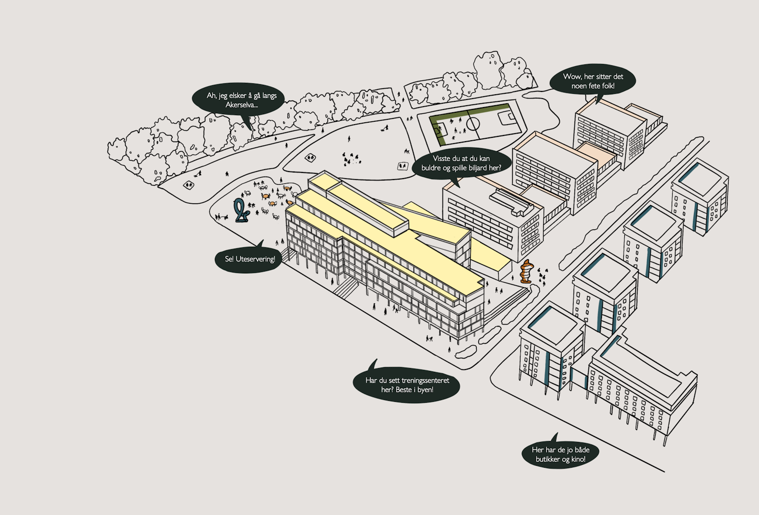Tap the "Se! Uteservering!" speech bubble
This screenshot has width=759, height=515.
(x=249, y=259)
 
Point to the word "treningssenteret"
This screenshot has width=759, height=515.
(x=425, y=380)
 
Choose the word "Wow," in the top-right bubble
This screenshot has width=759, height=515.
(x=572, y=77)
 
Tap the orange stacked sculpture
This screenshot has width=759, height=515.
(x=526, y=272)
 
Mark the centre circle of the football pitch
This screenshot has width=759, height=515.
(x=473, y=124)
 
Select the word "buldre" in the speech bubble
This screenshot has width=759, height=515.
(x=431, y=168)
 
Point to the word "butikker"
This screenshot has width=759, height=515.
(x=547, y=459)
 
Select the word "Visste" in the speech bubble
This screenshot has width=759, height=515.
(x=442, y=159)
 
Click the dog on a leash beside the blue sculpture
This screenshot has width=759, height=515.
(x=226, y=217)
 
